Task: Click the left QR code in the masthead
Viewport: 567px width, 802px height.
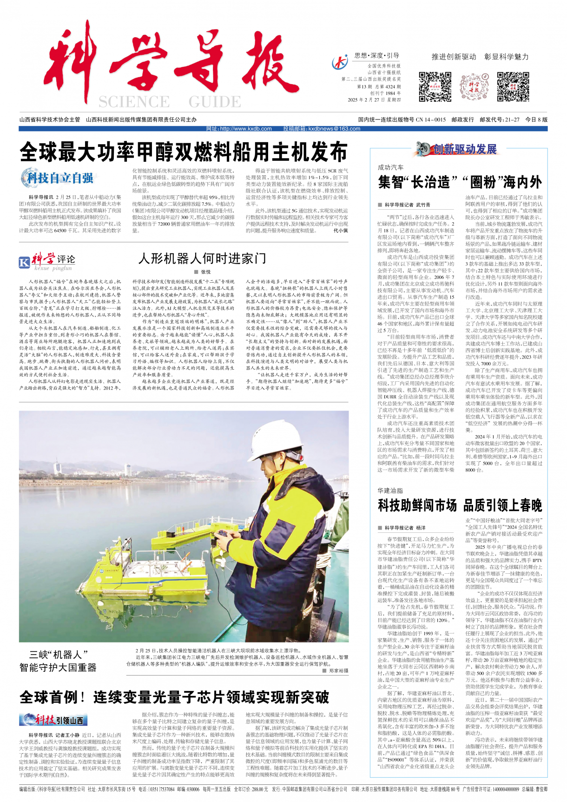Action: tap(435, 86)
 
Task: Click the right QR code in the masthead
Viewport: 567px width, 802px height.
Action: tap(513, 86)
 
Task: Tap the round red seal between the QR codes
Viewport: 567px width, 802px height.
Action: tap(474, 87)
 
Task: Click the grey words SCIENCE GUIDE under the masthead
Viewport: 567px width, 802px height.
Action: tap(170, 102)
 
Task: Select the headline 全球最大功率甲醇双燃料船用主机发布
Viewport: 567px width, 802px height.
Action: tap(184, 152)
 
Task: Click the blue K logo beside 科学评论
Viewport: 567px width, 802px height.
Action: tap(24, 262)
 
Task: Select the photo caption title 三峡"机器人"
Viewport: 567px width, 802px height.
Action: tap(59, 654)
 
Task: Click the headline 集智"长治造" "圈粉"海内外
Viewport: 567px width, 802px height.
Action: tap(460, 182)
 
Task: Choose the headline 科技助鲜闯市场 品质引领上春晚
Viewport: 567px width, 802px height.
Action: tap(460, 505)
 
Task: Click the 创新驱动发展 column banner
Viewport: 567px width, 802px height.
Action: tap(458, 149)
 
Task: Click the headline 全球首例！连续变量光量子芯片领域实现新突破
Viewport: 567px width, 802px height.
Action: tap(174, 697)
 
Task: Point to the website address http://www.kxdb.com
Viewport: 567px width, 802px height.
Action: tap(239, 129)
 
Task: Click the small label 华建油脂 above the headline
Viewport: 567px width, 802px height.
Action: tap(390, 490)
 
